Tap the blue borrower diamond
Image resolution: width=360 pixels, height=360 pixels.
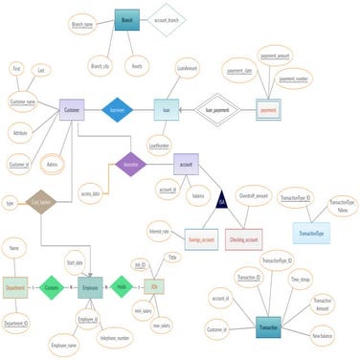tap(118, 110)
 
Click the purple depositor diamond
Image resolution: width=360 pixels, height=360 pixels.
tap(129, 164)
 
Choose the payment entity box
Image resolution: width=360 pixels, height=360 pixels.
tap(269, 110)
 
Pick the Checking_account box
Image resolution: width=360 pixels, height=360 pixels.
tap(244, 237)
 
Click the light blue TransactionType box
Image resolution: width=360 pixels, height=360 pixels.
tap(311, 233)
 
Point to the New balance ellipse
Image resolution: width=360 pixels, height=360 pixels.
tap(328, 335)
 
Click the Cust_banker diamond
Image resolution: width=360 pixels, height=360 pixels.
tap(39, 202)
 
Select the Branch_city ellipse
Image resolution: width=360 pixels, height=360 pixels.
tap(100, 66)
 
